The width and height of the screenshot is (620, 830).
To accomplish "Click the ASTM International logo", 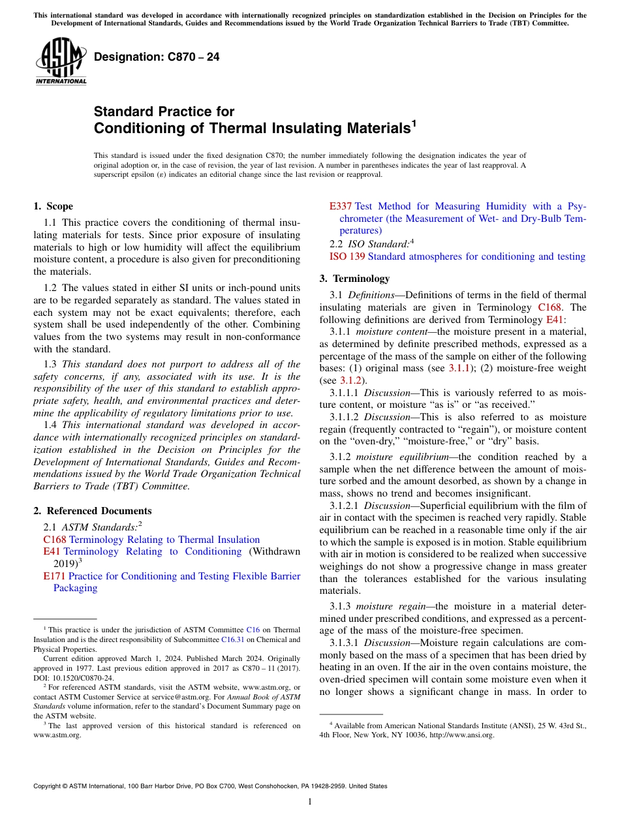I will (60, 61).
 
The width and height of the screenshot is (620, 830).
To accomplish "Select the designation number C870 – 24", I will (157, 57).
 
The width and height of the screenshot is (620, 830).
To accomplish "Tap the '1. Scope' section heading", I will (53, 206).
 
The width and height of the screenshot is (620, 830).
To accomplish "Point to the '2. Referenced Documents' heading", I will (92, 511).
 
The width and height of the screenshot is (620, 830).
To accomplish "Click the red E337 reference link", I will (340, 206).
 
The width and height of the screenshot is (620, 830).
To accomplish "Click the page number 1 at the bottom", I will (310, 802).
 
